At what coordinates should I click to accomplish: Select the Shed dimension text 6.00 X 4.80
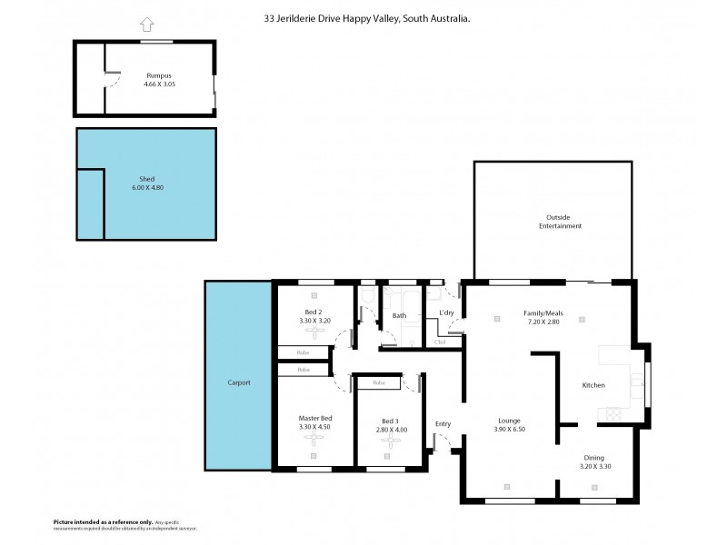(x=145, y=187)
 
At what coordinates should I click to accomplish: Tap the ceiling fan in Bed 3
(x=390, y=441)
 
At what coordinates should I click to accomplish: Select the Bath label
(x=399, y=316)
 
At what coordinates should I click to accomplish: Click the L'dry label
(x=446, y=313)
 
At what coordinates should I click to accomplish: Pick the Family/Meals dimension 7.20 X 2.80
(x=543, y=322)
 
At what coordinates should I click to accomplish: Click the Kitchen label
(x=593, y=385)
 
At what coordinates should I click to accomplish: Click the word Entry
(x=443, y=424)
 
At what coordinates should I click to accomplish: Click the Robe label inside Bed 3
(x=378, y=383)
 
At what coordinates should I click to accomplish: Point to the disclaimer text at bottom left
(x=125, y=525)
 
